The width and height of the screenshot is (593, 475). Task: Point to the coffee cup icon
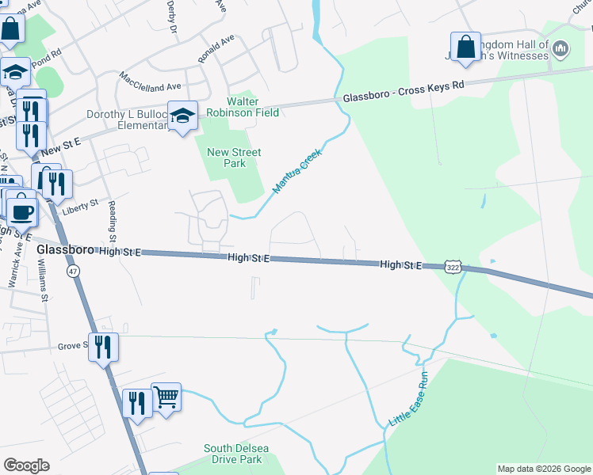(21, 211)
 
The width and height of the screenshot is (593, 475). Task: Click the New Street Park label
(234, 158)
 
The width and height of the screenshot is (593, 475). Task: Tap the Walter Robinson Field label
(254, 107)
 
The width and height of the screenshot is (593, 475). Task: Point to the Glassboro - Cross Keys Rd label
(403, 93)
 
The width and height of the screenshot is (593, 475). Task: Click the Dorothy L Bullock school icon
(182, 116)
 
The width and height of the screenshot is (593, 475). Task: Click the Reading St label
(113, 222)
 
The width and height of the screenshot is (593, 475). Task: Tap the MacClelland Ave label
(150, 81)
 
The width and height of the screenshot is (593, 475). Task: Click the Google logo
(26, 465)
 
